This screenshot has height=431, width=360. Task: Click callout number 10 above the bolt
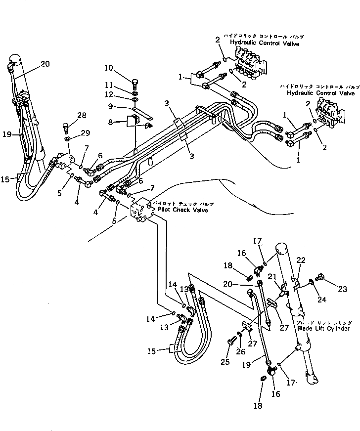[x=108, y=68]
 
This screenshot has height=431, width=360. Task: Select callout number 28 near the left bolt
[x=82, y=115]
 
